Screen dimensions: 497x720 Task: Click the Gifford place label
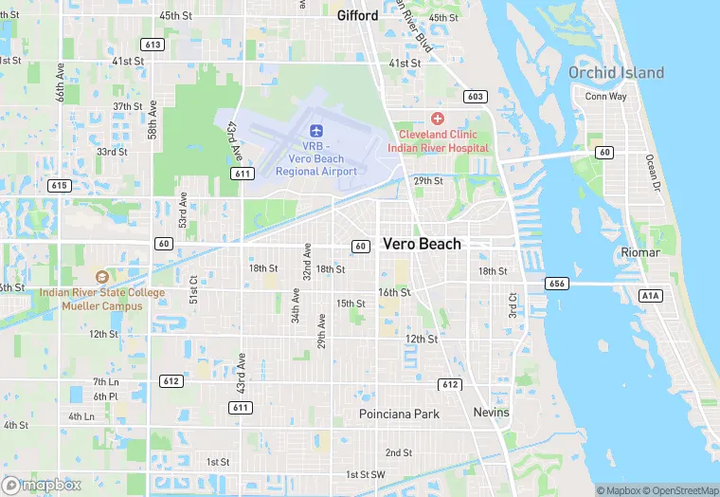coord(357,15)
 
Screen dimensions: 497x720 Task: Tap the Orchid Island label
coord(616,73)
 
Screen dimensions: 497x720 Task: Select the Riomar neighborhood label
coord(646,252)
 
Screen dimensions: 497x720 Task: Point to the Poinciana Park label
coord(400,414)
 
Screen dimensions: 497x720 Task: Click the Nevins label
coord(491,413)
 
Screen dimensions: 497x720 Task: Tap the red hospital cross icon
coord(437,119)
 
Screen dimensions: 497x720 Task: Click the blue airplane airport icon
coord(316,129)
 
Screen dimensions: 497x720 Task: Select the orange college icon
coord(101,276)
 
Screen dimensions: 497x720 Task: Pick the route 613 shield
coord(153,45)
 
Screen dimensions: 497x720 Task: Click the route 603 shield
coord(476,97)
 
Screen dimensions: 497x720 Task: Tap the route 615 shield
coord(60,185)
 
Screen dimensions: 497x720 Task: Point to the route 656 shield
coord(557,284)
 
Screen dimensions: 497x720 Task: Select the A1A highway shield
coord(650,296)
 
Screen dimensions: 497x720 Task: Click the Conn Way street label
coord(605,97)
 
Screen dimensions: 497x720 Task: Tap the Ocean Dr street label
coord(651,172)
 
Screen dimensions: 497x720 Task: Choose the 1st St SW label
coord(365,474)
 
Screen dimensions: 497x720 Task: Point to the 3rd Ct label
coord(513,304)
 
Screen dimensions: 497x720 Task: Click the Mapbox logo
coord(41,485)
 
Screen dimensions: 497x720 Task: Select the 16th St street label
coord(394,292)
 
